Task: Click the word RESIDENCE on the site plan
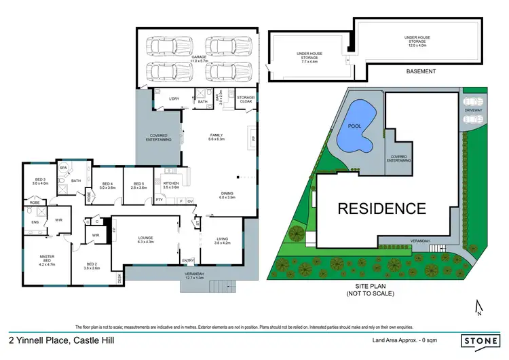(x=383, y=208)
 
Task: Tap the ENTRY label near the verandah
(x=188, y=261)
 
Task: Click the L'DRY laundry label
(x=174, y=99)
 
